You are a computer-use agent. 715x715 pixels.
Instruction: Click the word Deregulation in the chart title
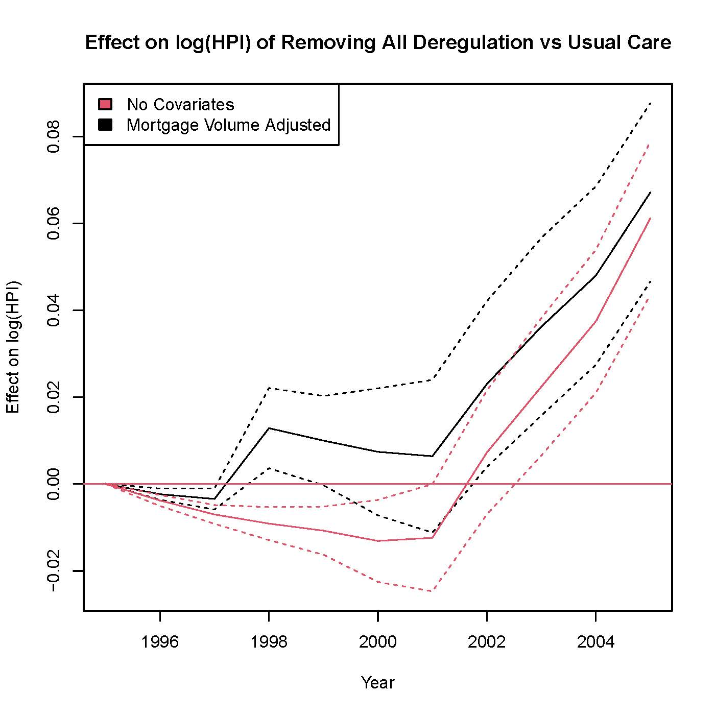pos(472,42)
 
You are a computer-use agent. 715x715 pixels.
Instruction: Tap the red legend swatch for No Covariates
pos(105,104)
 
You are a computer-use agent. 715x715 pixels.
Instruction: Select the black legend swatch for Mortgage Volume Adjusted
pos(105,125)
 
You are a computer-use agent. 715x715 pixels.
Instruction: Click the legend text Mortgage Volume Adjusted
pos(228,125)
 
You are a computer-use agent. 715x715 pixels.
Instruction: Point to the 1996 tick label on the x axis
pos(160,641)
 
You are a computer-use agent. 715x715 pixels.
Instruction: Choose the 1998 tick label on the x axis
pos(269,641)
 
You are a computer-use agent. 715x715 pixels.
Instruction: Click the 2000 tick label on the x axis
pos(377,641)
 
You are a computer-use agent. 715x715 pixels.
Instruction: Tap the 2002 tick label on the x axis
pos(487,641)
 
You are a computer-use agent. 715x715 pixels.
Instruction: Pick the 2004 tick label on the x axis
pos(595,641)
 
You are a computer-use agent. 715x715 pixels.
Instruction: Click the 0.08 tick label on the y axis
pos(53,137)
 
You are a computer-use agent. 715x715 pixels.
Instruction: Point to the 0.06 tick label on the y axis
pos(53,224)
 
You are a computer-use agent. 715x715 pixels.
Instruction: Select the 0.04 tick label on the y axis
pos(53,311)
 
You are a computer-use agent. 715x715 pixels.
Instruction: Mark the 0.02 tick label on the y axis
pos(53,397)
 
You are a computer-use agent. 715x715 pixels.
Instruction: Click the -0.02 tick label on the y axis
pos(53,571)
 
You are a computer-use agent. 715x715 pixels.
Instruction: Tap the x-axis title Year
pos(377,683)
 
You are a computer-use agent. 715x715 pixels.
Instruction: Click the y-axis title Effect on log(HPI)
pos(13,347)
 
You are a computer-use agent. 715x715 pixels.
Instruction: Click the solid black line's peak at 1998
pos(269,428)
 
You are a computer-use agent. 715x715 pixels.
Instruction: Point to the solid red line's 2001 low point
pos(432,538)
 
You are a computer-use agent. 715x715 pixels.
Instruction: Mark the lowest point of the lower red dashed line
pos(432,591)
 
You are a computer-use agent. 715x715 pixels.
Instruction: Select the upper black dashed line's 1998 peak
pos(269,388)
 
